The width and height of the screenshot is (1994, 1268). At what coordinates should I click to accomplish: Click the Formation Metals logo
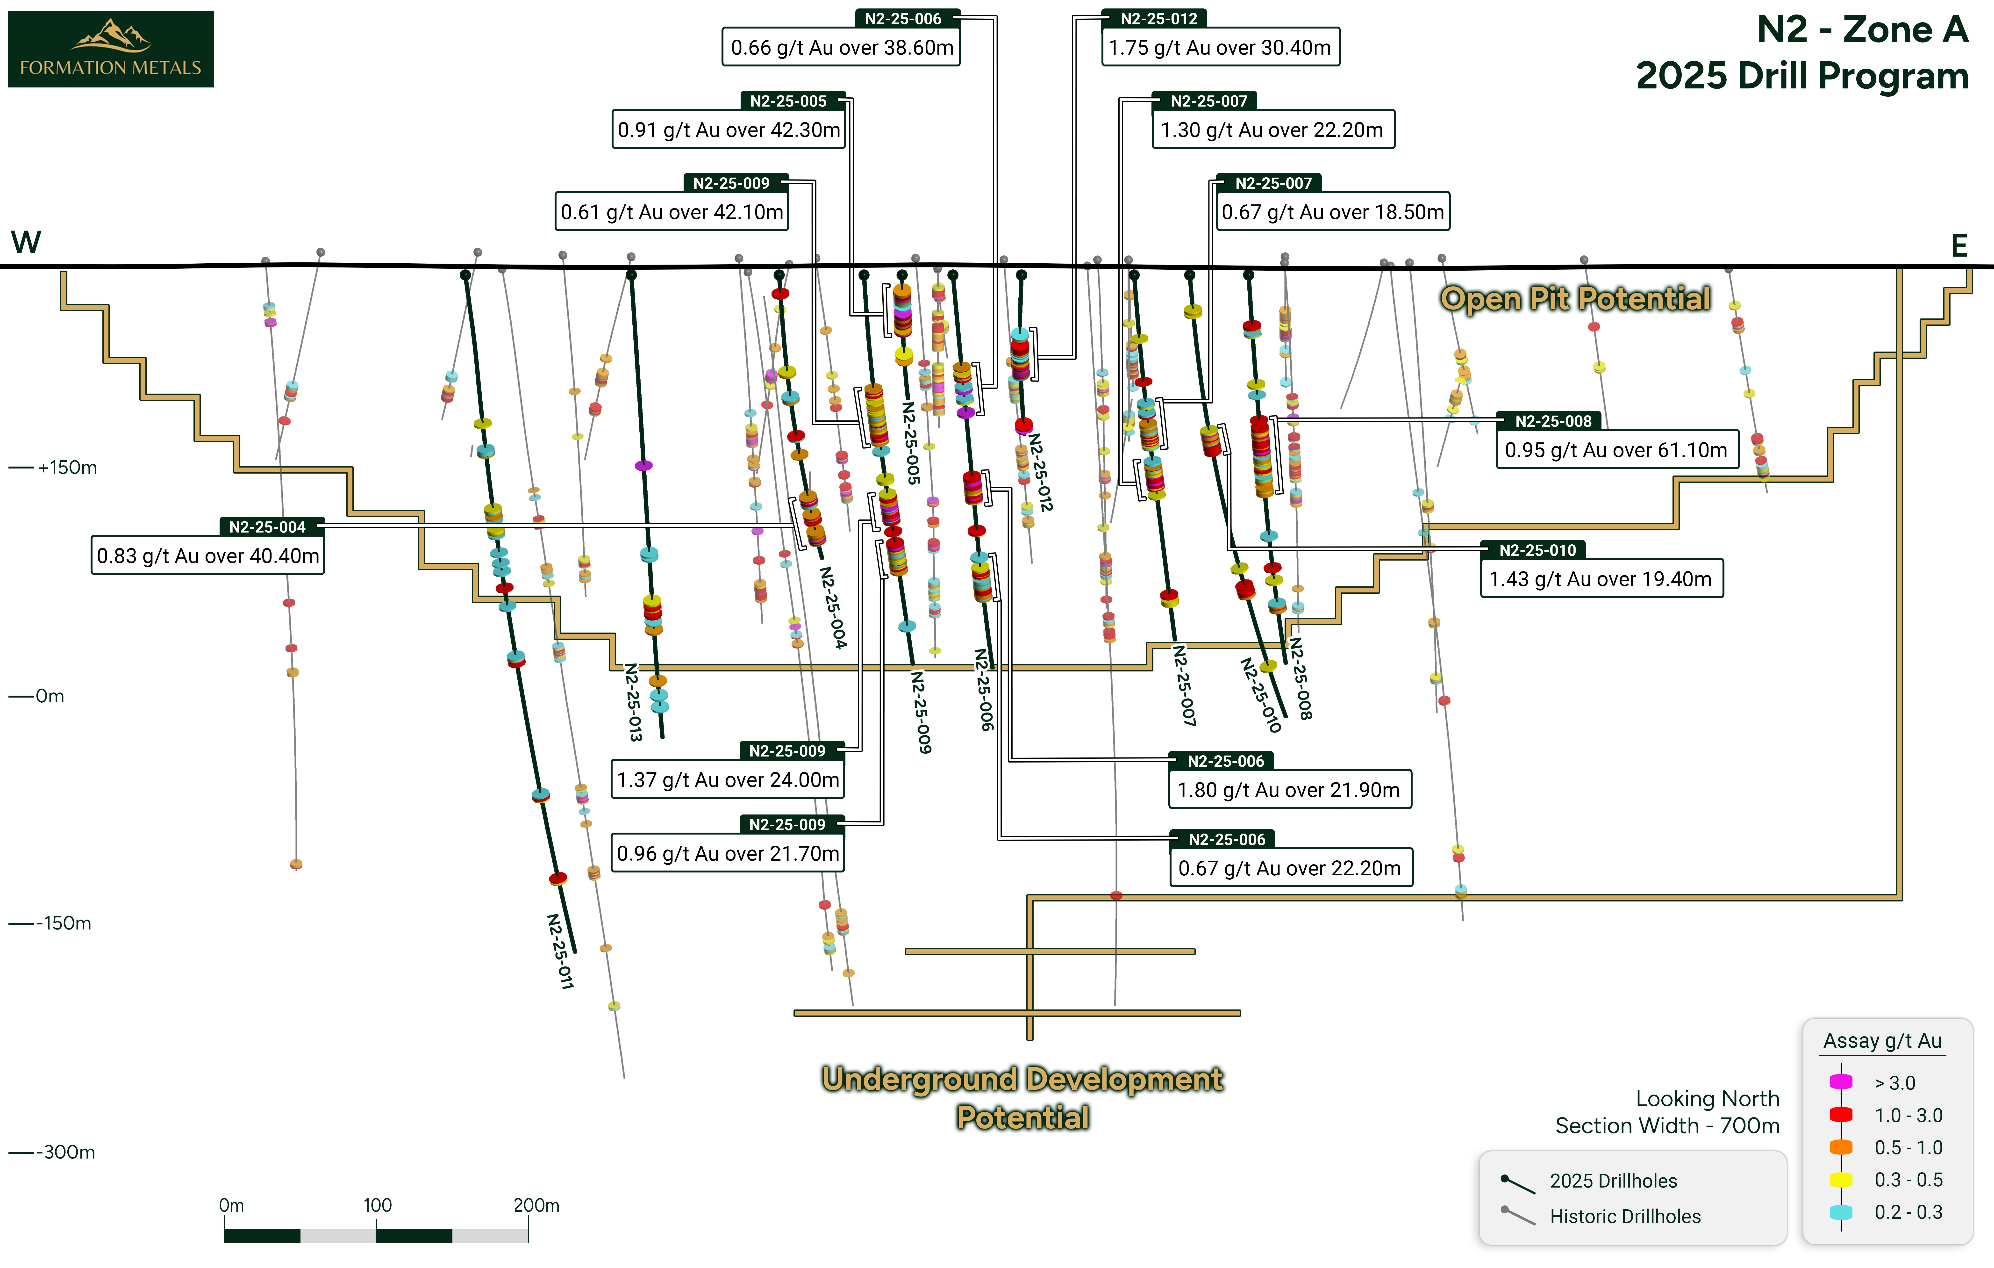[x=110, y=49]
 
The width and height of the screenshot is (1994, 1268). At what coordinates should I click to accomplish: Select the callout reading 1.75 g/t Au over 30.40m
[x=1220, y=47]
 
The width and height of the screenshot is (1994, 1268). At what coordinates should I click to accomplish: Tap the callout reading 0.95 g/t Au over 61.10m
[x=1616, y=450]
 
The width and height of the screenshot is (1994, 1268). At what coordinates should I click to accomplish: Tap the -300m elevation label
[x=65, y=1152]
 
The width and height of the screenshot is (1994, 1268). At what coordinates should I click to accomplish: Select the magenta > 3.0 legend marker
[x=1841, y=1082]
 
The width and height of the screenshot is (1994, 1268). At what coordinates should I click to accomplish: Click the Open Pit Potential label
[x=1575, y=298]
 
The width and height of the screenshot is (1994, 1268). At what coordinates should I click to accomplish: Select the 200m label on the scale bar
[x=536, y=1205]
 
